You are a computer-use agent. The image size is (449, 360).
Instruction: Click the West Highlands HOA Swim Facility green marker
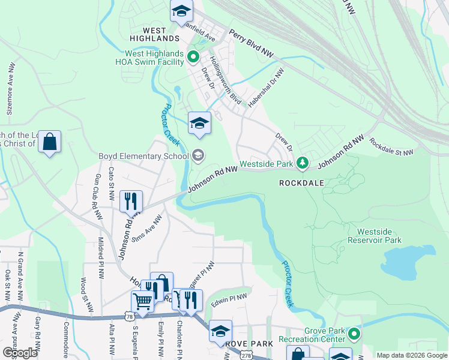click(193, 58)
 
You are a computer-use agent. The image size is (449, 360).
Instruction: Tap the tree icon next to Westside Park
click(303, 163)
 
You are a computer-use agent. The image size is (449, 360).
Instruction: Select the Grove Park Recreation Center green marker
click(354, 334)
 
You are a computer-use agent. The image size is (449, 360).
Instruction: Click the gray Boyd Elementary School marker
click(198, 157)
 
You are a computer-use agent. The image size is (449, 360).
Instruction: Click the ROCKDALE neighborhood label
click(301, 182)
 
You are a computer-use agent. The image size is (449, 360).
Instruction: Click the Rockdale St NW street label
click(391, 147)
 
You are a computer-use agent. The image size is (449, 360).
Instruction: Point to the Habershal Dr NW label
click(267, 88)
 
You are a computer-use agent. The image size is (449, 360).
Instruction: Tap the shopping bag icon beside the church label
click(50, 142)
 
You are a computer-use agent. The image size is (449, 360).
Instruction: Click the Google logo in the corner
click(20, 353)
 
